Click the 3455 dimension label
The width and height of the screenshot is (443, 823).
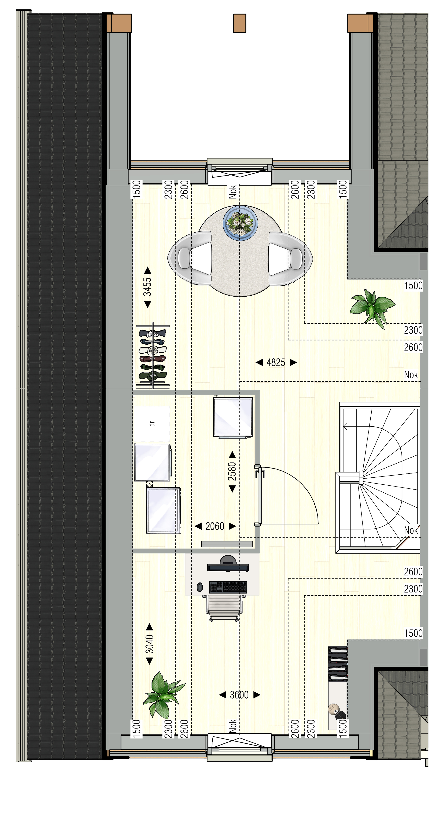coord(147,287)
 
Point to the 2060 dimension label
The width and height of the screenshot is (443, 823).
coord(215,526)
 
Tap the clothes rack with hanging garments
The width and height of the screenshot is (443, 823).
coord(153,355)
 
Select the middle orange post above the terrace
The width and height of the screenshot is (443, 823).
coord(240,23)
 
